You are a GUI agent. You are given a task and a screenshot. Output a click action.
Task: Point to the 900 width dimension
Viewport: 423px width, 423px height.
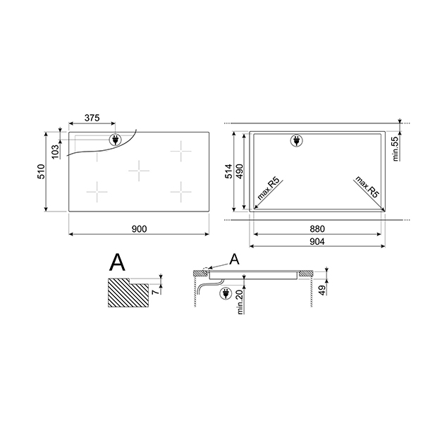pyautogui.click(x=139, y=228)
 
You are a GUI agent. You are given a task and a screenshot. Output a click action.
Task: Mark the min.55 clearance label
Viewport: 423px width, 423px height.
pyautogui.click(x=396, y=148)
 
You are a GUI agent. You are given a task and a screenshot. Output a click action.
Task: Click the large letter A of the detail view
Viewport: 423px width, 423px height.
pyautogui.click(x=118, y=264)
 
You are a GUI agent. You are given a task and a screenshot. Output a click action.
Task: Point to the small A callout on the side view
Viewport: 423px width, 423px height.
pyautogui.click(x=235, y=259)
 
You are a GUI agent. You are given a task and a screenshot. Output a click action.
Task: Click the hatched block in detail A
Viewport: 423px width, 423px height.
pyautogui.click(x=127, y=293)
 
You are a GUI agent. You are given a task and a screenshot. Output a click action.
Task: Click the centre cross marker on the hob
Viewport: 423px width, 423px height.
pyautogui.click(x=140, y=169)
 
